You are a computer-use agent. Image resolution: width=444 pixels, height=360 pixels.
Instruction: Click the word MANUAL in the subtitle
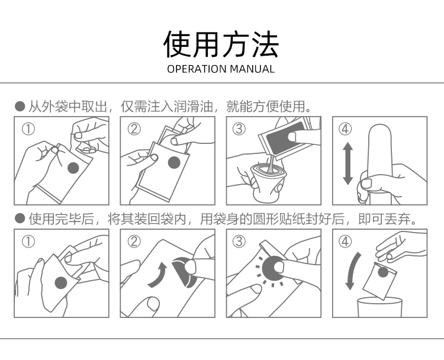[x=252, y=69]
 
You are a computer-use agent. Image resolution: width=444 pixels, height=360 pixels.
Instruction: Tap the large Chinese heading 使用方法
[x=221, y=44]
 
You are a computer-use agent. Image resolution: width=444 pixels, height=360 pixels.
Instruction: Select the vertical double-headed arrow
[x=348, y=163]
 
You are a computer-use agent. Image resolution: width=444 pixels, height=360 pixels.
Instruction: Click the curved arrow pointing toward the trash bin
[x=352, y=271]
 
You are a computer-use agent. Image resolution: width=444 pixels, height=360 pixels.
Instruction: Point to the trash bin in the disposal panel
[x=379, y=307]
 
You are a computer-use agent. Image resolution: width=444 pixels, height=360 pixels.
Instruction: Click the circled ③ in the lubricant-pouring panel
[x=239, y=129]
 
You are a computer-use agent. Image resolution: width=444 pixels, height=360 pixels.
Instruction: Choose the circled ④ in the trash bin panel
[x=345, y=242]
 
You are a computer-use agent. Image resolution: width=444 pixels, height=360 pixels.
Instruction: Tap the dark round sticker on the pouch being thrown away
[x=383, y=272]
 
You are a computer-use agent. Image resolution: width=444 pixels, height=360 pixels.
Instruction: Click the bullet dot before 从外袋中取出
[x=20, y=107]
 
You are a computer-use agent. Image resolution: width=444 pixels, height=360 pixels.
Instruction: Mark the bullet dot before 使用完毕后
[x=20, y=218]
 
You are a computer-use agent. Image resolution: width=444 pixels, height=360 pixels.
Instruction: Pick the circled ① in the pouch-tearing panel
[x=28, y=242]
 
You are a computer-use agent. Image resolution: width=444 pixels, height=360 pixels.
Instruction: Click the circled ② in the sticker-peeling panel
[x=134, y=242]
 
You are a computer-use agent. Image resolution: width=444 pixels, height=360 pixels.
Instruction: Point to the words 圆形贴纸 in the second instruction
[x=279, y=218]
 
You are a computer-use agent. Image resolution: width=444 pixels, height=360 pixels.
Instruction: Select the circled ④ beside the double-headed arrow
[x=345, y=129]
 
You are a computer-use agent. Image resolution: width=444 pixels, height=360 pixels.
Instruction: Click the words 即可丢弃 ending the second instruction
[x=384, y=218]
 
